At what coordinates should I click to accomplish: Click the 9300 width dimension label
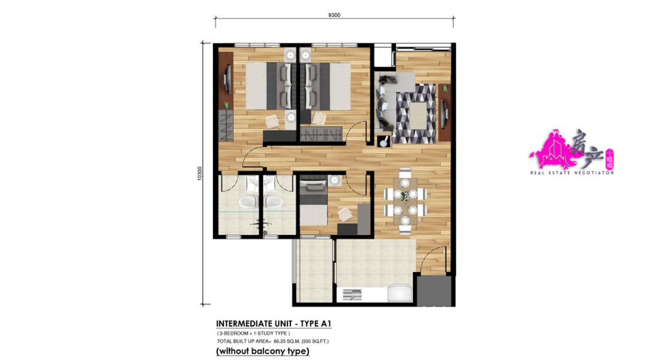(x=334, y=15)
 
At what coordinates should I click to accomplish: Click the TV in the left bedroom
(x=226, y=78)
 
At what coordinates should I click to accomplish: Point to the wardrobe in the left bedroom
(x=226, y=125)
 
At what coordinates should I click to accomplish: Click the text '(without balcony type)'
(x=262, y=351)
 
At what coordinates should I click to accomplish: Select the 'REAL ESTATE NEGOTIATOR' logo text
(x=572, y=172)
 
